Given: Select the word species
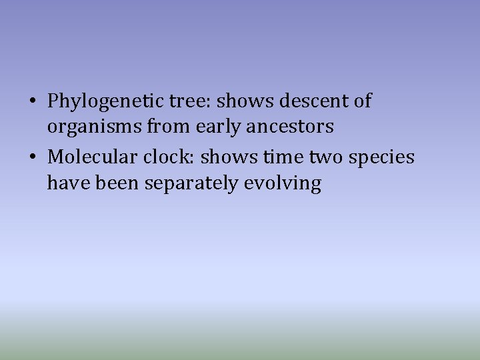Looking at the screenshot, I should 381,158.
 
